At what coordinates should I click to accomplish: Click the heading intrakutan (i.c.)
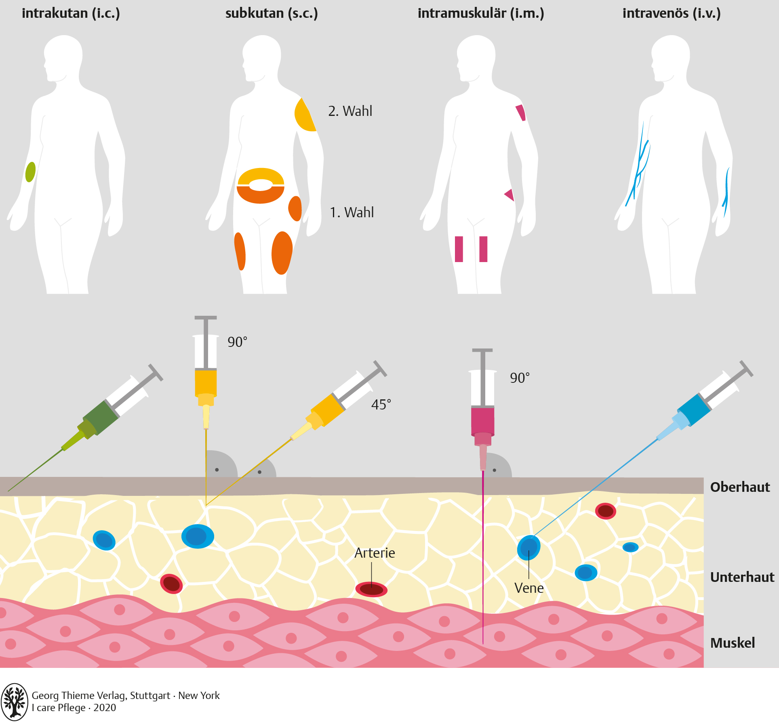71,13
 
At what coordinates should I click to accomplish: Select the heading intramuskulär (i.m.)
481,13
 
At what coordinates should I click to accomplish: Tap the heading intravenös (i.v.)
672,13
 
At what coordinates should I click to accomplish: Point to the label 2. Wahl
350,111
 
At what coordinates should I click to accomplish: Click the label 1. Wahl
352,212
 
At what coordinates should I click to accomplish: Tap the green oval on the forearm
30,172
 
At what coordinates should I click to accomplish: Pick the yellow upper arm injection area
304,115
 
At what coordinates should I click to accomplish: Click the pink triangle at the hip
510,195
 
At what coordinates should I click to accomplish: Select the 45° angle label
381,405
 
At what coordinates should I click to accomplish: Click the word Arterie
375,553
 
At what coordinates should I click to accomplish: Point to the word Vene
529,588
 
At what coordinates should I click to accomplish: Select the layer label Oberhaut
740,487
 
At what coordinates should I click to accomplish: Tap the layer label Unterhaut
742,577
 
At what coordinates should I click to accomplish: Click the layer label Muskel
732,643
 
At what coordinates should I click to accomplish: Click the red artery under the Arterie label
371,590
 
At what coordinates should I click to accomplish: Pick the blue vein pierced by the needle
529,548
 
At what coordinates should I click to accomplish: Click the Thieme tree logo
15,702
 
